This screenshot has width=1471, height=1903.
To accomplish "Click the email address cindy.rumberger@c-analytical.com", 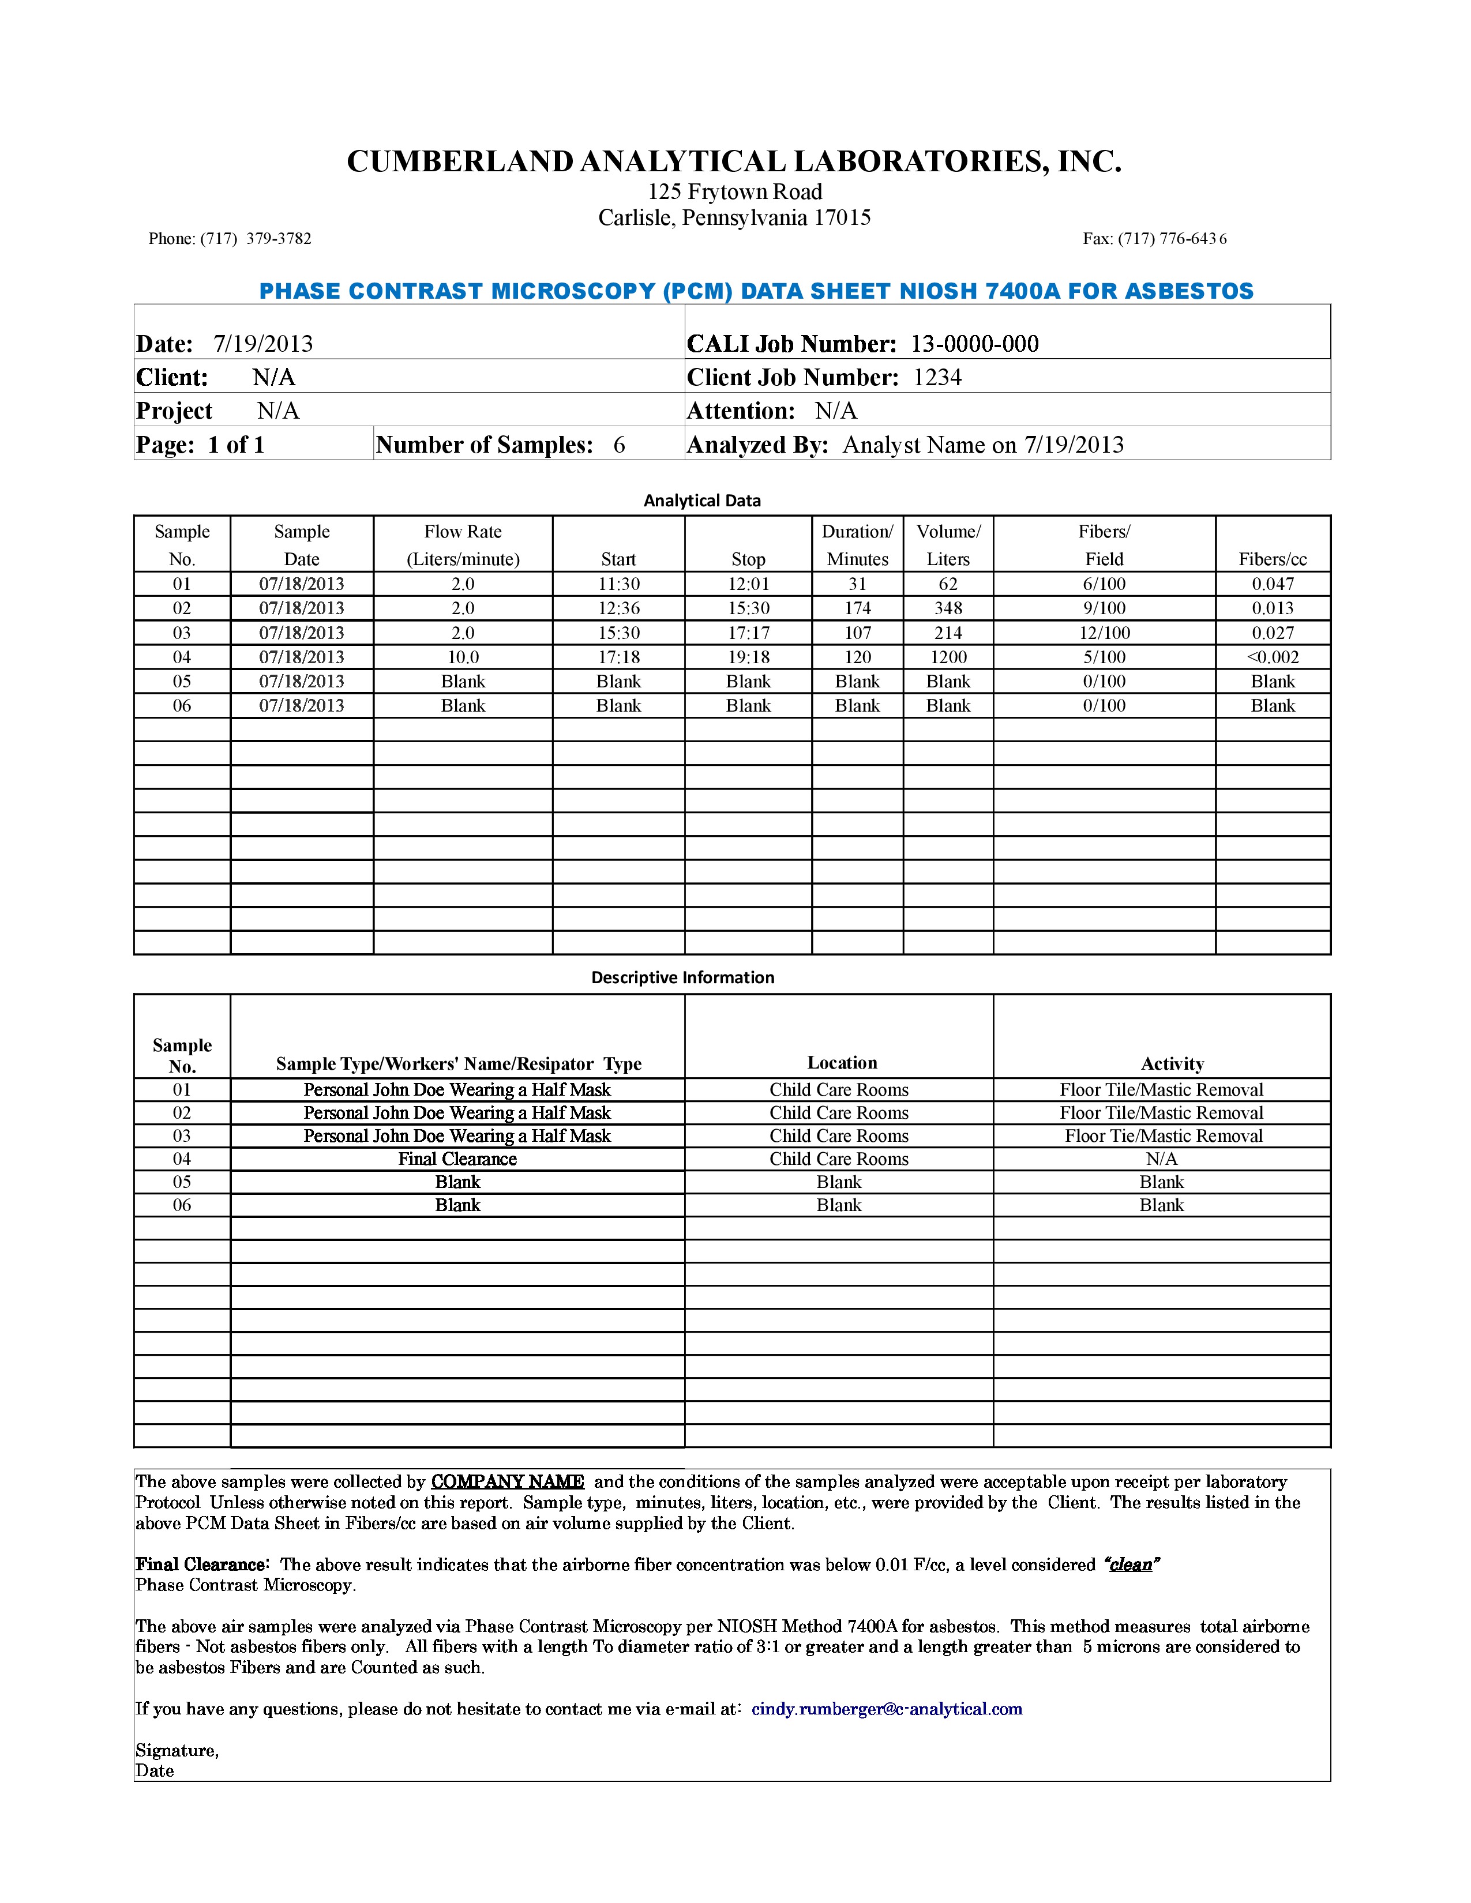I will (x=886, y=1709).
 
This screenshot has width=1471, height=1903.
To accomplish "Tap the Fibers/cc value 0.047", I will (x=1273, y=584).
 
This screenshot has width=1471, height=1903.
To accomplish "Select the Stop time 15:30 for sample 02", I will (x=748, y=608).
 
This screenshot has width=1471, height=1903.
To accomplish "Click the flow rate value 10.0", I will (x=463, y=657).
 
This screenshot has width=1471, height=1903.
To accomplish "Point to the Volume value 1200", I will (x=948, y=657).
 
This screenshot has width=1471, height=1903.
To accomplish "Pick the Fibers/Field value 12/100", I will (x=1104, y=633).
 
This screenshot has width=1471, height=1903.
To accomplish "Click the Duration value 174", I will (x=857, y=608).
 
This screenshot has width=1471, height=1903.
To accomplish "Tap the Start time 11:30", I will (x=619, y=584).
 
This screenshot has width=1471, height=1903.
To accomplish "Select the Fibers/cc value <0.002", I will (x=1273, y=657).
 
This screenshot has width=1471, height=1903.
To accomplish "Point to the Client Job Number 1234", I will (x=937, y=377).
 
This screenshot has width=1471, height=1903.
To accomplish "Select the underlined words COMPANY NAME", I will (x=507, y=1481).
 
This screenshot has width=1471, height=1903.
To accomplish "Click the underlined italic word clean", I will (x=1131, y=1564).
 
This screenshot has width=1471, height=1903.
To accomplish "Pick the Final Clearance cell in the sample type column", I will (x=457, y=1159).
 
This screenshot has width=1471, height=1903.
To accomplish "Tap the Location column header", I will (x=842, y=1062).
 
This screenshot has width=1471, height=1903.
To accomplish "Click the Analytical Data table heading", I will (x=701, y=500).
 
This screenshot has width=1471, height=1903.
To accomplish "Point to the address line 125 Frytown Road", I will (x=734, y=191).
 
